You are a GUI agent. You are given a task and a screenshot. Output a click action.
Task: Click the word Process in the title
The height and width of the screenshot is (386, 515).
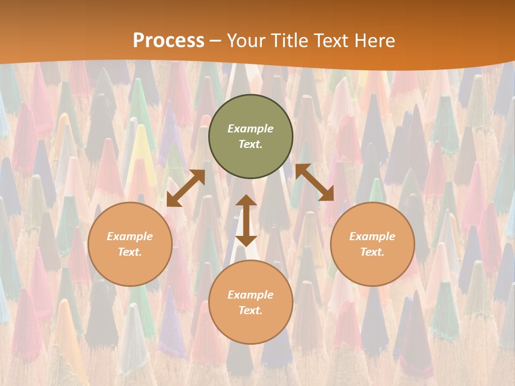[168, 41]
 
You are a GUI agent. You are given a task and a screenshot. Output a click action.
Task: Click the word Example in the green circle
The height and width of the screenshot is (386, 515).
[251, 129]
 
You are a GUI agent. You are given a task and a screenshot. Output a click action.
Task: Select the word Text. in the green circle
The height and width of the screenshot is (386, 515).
[251, 144]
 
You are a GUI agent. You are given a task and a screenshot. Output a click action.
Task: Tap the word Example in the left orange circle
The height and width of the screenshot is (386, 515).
[130, 236]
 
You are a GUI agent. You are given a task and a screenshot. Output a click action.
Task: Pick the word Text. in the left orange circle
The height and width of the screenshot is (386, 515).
[130, 252]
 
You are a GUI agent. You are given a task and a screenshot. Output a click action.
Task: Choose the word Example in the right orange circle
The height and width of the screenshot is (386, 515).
[372, 236]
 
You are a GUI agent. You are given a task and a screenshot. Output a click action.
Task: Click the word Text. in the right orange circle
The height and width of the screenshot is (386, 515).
[372, 252]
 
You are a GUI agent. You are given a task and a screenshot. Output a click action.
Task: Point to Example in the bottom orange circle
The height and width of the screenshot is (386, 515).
[251, 295]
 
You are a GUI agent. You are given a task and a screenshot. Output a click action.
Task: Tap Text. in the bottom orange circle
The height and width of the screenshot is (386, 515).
[251, 310]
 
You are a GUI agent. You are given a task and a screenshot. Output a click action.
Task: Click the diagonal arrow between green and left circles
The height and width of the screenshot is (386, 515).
[186, 188]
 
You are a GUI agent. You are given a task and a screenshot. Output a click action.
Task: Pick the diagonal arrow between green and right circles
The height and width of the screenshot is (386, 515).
[314, 182]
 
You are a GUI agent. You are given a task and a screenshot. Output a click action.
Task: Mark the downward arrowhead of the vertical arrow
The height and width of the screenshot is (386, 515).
[246, 240]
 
